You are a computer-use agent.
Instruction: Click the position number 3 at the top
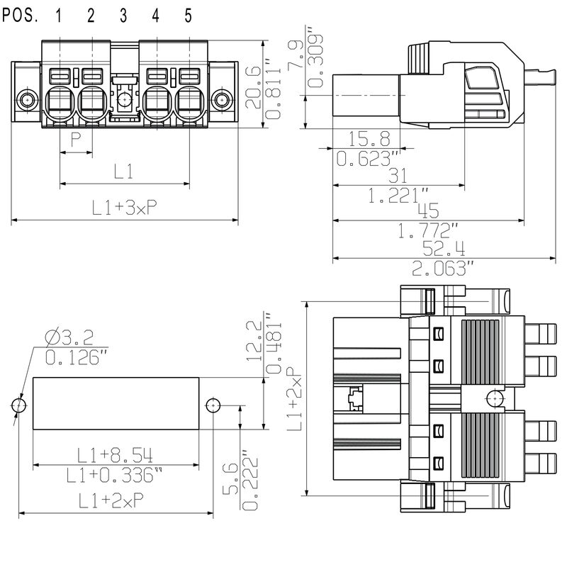(123, 14)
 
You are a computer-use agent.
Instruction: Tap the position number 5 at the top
(188, 14)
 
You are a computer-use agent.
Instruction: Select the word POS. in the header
(21, 14)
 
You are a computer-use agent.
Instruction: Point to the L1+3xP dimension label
(124, 208)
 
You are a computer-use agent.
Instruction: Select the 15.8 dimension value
(366, 137)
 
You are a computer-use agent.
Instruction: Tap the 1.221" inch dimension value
(398, 196)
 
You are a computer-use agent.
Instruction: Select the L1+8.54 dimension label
(115, 454)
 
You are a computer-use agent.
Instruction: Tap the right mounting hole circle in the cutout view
(213, 405)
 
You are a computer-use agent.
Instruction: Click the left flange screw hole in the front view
(27, 99)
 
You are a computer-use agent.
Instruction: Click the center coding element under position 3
(124, 99)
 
